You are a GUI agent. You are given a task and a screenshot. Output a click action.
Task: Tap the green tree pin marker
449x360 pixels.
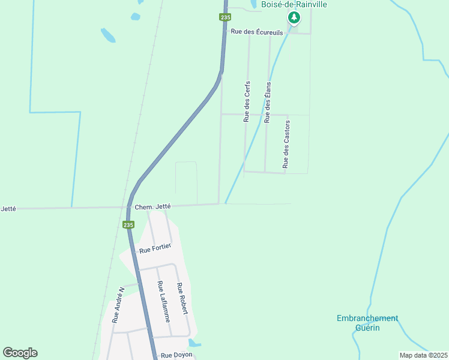click(294, 18)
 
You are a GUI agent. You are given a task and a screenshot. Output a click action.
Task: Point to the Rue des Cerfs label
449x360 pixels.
click(247, 101)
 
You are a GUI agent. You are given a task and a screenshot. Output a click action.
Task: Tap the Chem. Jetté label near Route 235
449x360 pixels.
click(153, 206)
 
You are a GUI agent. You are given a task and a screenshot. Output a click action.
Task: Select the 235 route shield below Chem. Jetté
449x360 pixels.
click(128, 224)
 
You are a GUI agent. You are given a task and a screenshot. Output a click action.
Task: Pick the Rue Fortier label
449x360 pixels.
click(155, 248)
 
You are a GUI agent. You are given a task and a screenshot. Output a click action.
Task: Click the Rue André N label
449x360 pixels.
click(118, 305)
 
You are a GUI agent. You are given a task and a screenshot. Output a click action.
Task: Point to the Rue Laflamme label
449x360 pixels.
click(163, 302)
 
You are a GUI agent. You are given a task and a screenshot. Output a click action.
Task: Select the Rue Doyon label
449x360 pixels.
click(175, 355)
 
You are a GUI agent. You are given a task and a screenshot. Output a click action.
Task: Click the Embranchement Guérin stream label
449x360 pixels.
click(367, 323)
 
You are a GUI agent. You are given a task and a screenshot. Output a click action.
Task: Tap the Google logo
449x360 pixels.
click(20, 353)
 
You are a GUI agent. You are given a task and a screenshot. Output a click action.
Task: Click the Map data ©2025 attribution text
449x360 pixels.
click(423, 355)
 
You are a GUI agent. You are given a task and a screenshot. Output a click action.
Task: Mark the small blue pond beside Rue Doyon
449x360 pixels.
click(193, 343)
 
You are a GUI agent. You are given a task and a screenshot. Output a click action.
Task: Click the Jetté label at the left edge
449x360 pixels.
click(8, 209)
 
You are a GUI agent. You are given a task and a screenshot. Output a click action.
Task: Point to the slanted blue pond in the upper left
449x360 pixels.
click(108, 35)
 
